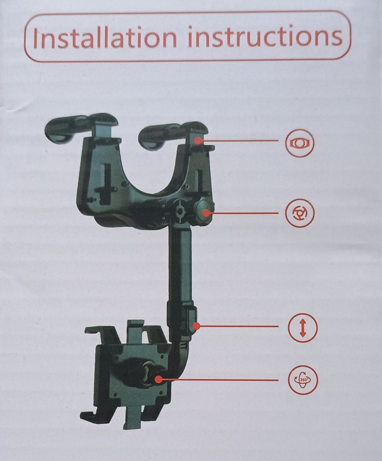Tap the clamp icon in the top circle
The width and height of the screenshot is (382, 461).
point(300,143)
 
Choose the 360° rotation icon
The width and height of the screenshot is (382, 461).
point(303,379)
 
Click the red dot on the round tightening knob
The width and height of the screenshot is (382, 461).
point(205,213)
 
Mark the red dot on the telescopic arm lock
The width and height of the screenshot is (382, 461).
point(196,326)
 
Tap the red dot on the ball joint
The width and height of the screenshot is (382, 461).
point(158,379)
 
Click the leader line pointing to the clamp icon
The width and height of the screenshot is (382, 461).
point(243,141)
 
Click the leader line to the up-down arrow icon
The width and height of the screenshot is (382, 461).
point(239,326)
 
